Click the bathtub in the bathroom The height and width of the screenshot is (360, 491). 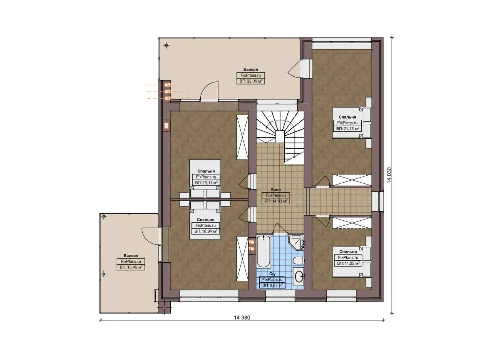coord(264,251)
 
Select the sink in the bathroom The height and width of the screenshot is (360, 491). coord(299,276)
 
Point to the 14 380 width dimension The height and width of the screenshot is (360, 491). coord(242,317)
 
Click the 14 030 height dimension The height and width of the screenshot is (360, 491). coord(389,175)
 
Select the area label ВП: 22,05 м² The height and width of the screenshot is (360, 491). coord(251,81)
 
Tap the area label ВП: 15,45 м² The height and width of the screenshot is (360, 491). coord(131,267)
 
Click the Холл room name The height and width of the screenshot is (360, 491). coord(276,189)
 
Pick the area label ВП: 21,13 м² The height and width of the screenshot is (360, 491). coord(347,129)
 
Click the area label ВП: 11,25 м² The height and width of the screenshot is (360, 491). coord(348,263)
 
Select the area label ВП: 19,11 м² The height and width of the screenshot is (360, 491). coord(206,183)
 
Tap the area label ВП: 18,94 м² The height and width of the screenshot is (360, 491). coord(206,231)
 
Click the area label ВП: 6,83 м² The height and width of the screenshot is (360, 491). coord(272,285)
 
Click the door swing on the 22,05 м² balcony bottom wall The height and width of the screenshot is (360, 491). coord(209,92)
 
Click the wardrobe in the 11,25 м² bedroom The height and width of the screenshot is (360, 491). coord(352,223)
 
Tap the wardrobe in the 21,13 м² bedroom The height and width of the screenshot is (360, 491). coord(352,180)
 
